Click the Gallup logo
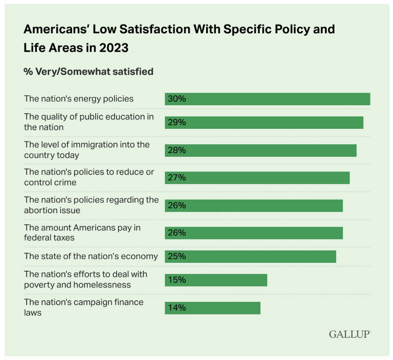[x=349, y=334]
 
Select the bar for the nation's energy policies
[x=267, y=99]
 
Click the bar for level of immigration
[x=261, y=150]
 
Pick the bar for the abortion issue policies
[x=254, y=205]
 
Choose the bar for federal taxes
[x=254, y=233]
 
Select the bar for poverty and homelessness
[x=216, y=280]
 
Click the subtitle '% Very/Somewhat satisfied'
[x=89, y=71]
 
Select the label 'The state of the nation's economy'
[x=91, y=256]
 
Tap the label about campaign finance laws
[x=84, y=307]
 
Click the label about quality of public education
[x=89, y=122]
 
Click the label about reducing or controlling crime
[x=89, y=177]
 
